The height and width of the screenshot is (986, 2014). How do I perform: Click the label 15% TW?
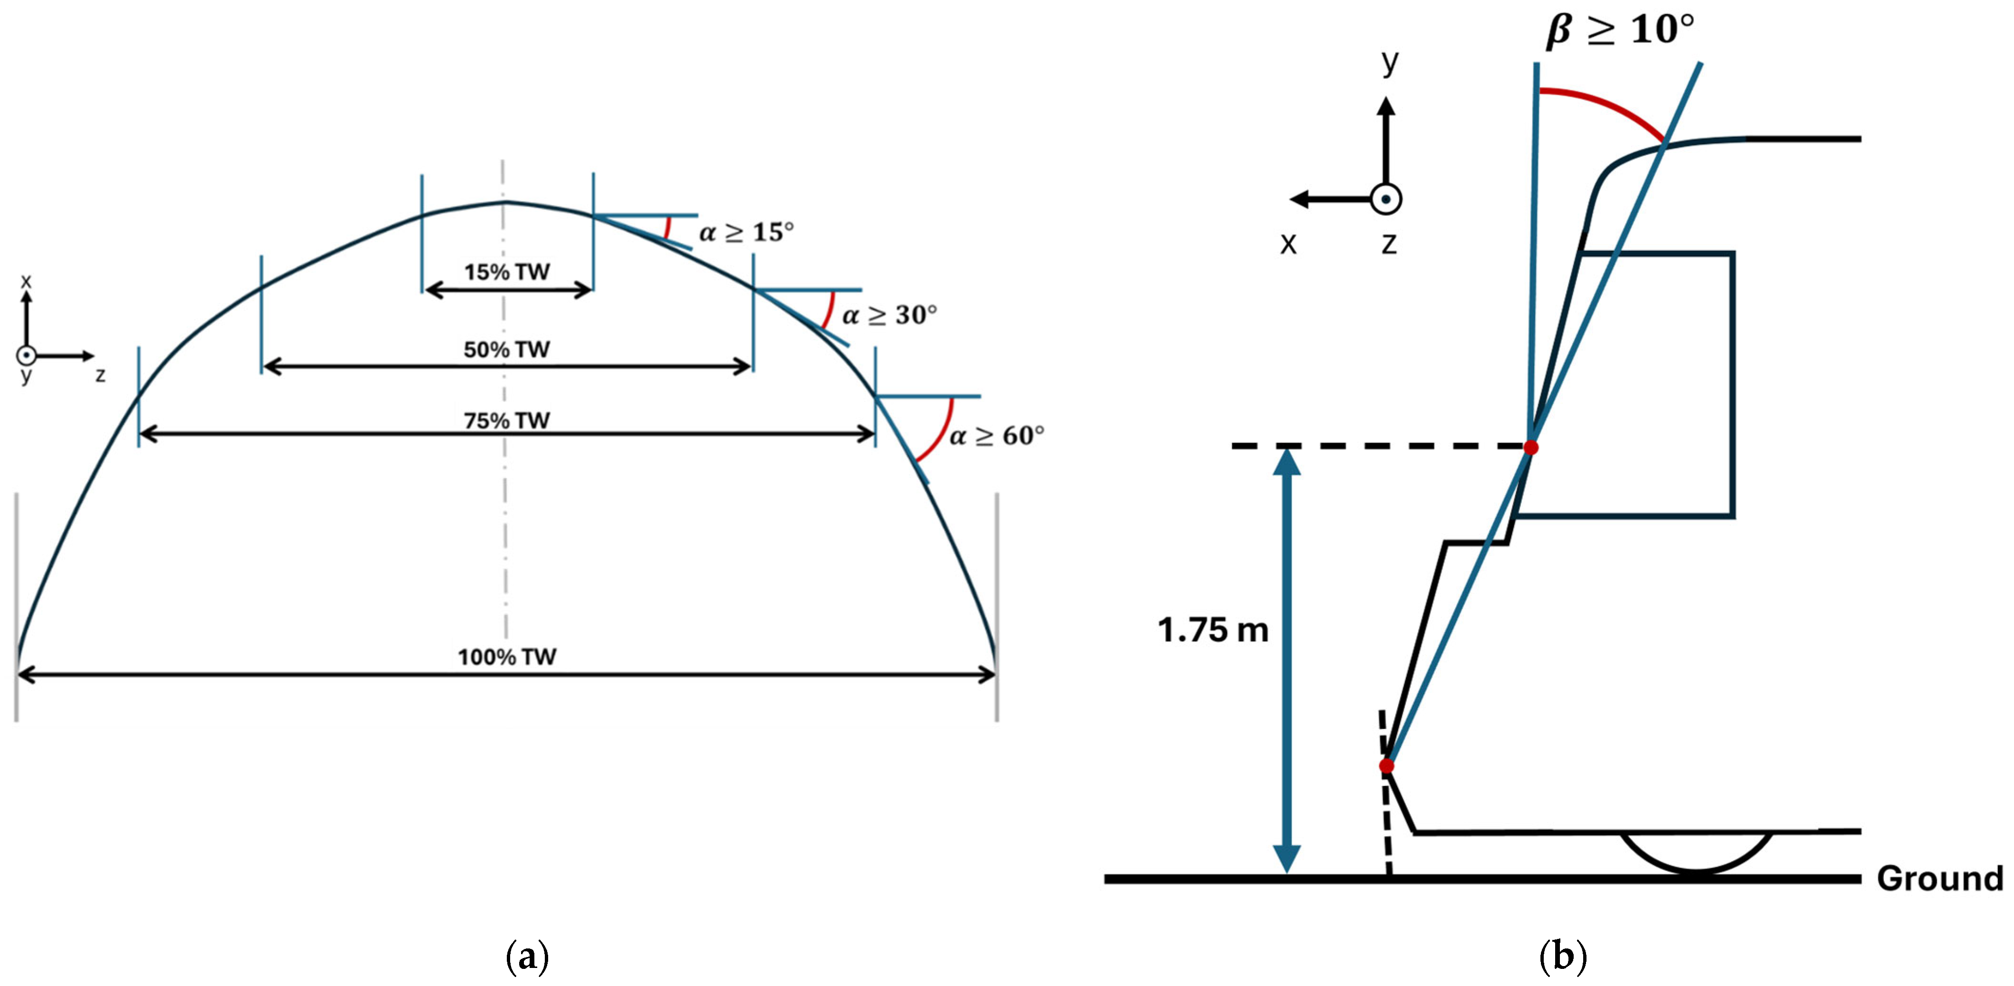click(x=507, y=272)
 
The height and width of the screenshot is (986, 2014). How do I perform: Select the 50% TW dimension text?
click(x=507, y=350)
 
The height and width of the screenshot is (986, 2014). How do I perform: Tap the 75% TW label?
click(x=507, y=421)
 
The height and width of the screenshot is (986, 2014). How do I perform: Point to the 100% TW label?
click(x=507, y=657)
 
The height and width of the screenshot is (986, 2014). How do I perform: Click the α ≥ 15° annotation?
click(x=747, y=232)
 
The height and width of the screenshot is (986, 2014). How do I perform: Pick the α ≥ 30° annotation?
click(x=890, y=315)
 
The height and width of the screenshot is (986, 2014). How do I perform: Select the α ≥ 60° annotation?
click(x=997, y=436)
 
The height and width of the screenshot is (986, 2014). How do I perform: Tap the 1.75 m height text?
click(x=1213, y=630)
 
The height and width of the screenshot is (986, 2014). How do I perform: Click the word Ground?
click(x=1940, y=879)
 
